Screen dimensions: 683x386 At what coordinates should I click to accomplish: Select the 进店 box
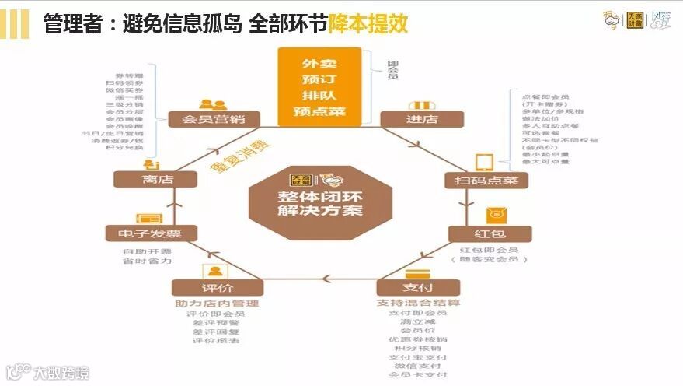click(421, 119)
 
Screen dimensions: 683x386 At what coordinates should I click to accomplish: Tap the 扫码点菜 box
click(486, 181)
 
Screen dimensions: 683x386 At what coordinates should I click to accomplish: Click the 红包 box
click(489, 234)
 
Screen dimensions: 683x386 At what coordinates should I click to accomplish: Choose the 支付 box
click(417, 287)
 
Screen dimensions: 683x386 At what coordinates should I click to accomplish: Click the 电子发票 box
click(151, 233)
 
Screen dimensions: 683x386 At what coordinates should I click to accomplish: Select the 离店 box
click(151, 180)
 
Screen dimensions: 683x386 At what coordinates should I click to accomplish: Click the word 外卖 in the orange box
click(319, 61)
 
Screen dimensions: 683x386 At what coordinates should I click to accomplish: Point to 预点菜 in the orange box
click(319, 113)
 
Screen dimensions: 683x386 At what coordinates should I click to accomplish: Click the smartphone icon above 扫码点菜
click(485, 161)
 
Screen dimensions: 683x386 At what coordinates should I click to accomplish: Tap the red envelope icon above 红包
click(494, 215)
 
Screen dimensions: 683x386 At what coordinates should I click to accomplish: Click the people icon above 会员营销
click(211, 104)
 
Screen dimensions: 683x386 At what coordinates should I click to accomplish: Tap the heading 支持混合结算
click(418, 302)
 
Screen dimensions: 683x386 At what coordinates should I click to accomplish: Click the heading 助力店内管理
click(217, 303)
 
